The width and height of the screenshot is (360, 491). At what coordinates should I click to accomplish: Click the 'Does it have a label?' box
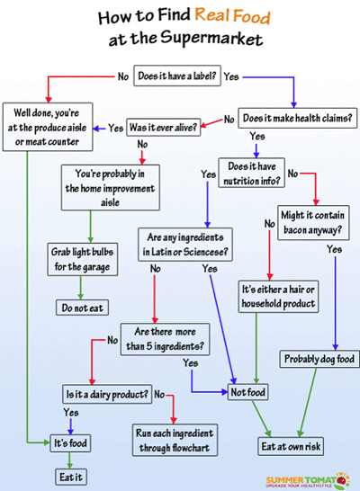point(177,76)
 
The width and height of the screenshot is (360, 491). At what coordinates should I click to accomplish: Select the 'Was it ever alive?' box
point(163,127)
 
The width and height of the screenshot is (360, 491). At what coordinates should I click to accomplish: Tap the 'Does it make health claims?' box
point(297,118)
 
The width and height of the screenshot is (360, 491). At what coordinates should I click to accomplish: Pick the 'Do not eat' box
point(83,308)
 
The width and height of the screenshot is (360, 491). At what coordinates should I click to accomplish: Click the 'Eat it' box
point(71,477)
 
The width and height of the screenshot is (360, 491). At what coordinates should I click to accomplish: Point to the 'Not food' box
point(247,392)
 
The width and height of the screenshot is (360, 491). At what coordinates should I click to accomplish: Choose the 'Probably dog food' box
point(319,359)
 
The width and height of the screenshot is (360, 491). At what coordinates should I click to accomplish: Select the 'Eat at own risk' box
point(291,446)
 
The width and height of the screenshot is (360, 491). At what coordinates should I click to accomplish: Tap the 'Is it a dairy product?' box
point(107,394)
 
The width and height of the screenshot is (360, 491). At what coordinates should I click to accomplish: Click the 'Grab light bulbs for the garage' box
point(83,259)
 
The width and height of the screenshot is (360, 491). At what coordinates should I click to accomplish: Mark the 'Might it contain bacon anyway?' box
point(313,223)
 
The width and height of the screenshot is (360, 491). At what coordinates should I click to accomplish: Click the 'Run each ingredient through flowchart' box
point(175,440)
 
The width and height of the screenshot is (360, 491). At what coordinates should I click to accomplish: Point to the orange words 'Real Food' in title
point(232,15)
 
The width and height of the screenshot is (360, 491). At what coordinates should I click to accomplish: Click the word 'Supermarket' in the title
point(211,38)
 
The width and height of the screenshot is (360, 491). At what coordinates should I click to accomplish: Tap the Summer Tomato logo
point(308,481)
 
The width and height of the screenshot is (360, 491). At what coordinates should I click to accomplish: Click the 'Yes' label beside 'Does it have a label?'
point(231,76)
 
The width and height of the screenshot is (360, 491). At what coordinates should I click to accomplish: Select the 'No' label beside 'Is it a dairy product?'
point(159,394)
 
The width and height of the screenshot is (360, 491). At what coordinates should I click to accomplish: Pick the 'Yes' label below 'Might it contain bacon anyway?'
point(334,249)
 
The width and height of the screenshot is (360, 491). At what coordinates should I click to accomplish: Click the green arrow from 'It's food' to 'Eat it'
point(69,460)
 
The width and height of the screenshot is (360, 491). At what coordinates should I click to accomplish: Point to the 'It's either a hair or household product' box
point(278,297)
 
